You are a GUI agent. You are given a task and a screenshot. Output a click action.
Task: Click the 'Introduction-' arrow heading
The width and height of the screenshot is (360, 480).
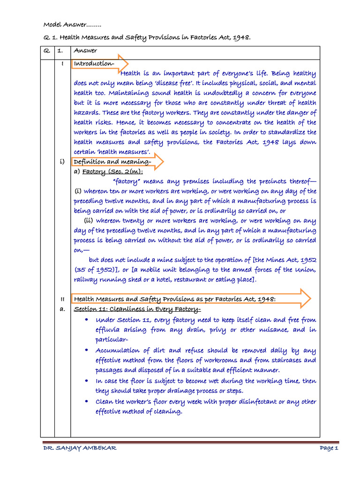pos(94,63)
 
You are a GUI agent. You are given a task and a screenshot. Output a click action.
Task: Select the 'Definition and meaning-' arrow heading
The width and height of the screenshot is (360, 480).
pos(112,162)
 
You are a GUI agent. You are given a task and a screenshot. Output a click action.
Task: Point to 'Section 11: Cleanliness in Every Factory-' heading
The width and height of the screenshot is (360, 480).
pos(137,309)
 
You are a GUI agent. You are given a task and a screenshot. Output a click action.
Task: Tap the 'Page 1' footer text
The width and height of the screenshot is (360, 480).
pos(329,448)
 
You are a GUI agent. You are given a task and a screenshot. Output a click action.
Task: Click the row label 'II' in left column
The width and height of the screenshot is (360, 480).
pos(62,299)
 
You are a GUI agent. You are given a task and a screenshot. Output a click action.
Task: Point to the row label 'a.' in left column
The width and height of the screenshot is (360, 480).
pos(62,309)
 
